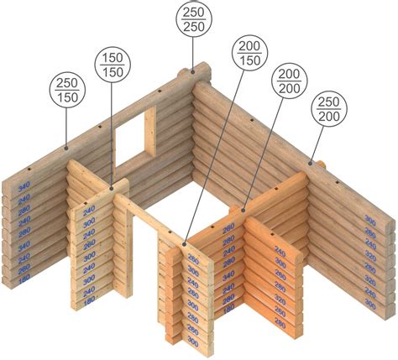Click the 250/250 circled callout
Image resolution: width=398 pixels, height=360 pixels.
(196, 20)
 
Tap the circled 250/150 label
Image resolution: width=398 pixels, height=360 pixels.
(65, 93)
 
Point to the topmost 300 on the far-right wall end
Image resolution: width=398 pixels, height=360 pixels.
(369, 220)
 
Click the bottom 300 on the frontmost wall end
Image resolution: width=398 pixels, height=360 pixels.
(193, 342)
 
